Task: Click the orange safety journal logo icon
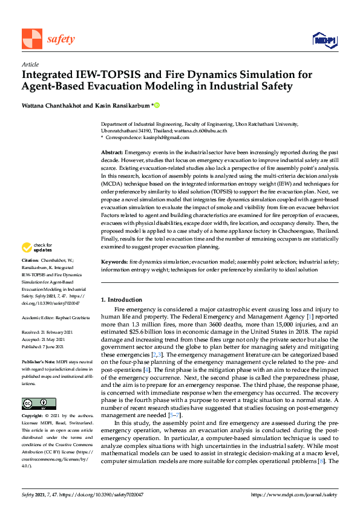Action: coord(31,39)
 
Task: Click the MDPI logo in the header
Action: coord(323,40)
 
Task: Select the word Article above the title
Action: coord(30,64)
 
